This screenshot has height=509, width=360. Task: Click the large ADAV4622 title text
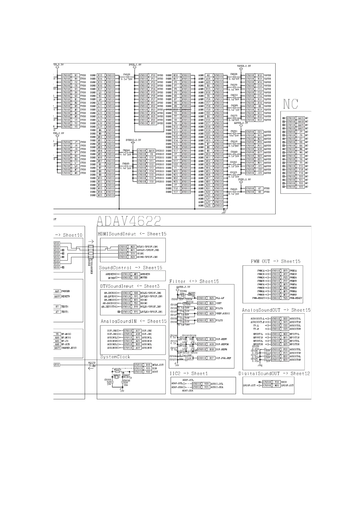point(129,221)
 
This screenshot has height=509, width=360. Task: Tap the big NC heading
point(290,104)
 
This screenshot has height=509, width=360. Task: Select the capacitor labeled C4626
point(126,74)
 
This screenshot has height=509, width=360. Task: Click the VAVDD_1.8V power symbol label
point(244,66)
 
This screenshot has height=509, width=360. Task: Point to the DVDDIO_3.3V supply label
point(133,140)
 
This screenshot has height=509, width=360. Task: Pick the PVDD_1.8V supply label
point(244,180)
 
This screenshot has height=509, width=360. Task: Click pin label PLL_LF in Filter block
point(220,298)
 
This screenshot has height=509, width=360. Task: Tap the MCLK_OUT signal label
point(158,365)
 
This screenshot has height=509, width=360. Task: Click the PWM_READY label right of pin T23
point(296,298)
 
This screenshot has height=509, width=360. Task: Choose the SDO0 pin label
point(284,382)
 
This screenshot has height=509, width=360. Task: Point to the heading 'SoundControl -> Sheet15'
point(130,267)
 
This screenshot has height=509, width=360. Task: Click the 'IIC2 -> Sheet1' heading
point(188,374)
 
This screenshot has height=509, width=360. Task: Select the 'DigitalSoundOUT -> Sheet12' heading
point(274,374)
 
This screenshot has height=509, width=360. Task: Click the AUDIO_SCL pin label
point(217,384)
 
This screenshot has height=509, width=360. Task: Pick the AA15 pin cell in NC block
point(301,118)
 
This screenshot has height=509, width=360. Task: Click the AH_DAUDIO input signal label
point(109,303)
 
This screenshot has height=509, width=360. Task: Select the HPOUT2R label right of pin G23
point(294,344)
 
